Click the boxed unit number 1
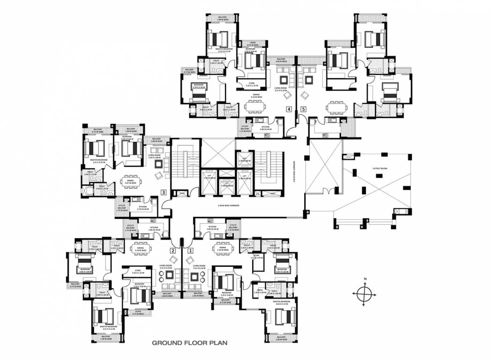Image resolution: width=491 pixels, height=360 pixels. [x=190, y=250]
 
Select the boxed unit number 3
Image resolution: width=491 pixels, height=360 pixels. [x=163, y=192]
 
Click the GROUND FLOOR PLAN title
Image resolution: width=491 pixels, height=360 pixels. [x=189, y=343]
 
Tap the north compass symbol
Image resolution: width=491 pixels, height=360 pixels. [x=364, y=293]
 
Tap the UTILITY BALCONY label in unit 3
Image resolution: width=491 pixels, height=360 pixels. [x=122, y=207]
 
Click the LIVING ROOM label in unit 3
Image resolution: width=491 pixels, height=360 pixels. [x=155, y=156]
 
